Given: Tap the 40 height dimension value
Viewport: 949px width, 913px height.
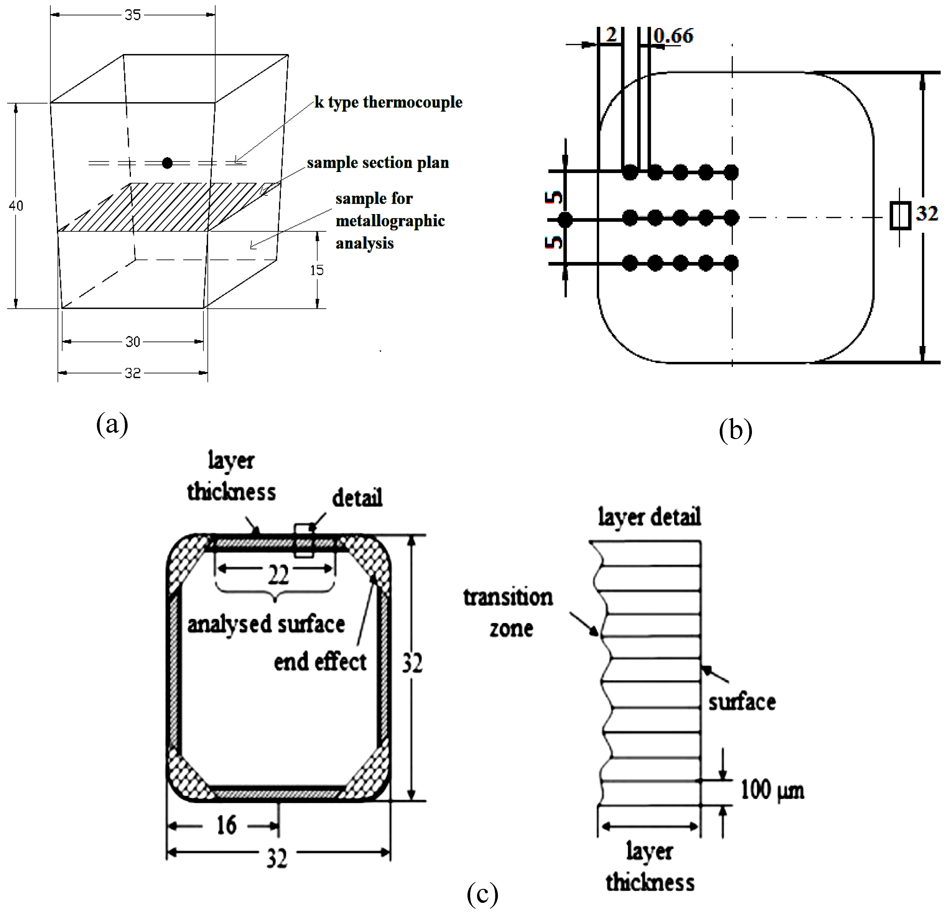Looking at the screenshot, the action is (x=16, y=206).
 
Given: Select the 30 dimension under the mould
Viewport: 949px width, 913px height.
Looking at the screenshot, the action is (x=133, y=342).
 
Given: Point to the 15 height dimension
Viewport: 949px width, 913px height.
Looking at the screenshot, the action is (x=317, y=270).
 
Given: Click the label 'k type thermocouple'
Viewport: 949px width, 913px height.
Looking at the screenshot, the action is (x=388, y=102).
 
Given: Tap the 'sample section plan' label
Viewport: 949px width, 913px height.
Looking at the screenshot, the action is (x=378, y=163).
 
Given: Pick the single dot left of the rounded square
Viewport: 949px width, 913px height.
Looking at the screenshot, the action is (x=565, y=220).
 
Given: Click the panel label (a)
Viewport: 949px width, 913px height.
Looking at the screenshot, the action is (x=112, y=424).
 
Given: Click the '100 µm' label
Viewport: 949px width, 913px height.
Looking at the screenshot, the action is (x=772, y=790).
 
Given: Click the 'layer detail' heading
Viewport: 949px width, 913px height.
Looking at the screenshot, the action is (x=649, y=517).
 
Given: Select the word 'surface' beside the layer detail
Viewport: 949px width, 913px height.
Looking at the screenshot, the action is (x=742, y=702).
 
